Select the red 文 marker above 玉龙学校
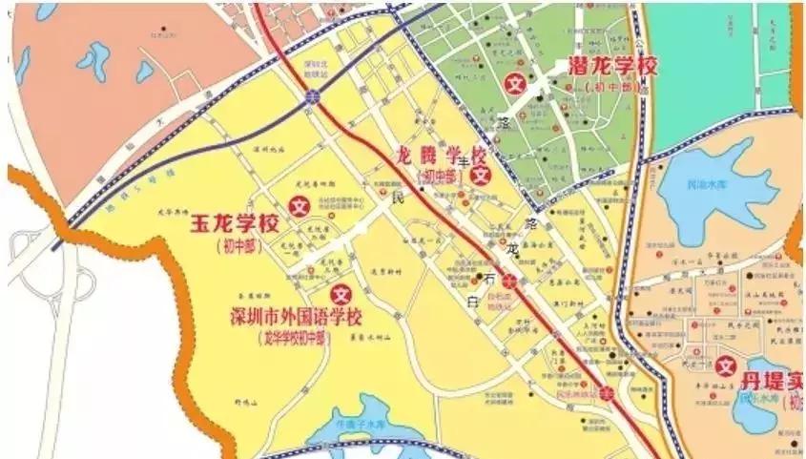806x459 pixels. (300, 204)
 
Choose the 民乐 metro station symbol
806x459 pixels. (607, 393)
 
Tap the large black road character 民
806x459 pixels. (400, 199)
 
